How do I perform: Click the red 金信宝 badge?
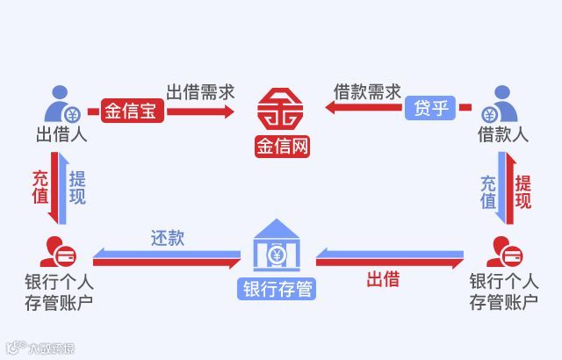126,112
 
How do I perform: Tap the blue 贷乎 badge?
429,111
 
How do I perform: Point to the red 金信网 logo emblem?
283,109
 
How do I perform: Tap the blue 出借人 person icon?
60,104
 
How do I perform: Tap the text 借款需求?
367,91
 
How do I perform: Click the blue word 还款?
167,238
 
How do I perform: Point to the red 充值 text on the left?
40,186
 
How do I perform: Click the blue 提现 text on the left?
77,186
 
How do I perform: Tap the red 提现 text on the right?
523,192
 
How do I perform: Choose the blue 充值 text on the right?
488,192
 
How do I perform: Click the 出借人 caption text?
60,134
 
